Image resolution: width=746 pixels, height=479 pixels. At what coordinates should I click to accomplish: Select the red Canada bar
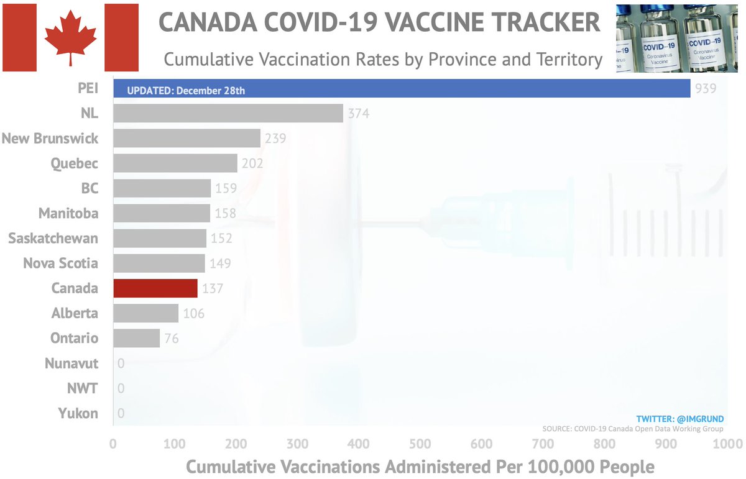(155, 288)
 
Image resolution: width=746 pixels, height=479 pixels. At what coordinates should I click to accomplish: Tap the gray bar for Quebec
(175, 163)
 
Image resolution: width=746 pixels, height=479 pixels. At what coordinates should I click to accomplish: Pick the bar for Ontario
(136, 338)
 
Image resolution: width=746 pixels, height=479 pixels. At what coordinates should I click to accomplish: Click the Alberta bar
(145, 313)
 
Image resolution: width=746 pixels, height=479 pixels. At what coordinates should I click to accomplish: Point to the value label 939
(706, 88)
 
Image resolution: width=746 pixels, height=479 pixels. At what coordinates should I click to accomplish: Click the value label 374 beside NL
(358, 113)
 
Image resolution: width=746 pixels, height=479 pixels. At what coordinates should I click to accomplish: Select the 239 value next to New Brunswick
(275, 138)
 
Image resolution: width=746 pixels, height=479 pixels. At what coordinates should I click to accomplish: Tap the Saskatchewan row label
(53, 239)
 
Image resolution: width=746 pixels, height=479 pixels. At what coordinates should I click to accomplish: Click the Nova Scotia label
(60, 263)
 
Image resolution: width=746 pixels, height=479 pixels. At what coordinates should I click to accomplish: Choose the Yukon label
(78, 413)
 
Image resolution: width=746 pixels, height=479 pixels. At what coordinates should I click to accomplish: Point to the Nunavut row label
(71, 363)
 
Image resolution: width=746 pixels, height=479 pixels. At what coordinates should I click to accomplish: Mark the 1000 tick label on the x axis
(724, 444)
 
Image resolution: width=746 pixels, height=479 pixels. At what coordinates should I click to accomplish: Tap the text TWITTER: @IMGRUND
(681, 419)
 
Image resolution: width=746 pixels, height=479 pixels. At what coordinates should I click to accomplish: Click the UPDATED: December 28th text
(186, 91)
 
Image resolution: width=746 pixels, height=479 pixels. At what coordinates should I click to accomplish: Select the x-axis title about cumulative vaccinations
(420, 466)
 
